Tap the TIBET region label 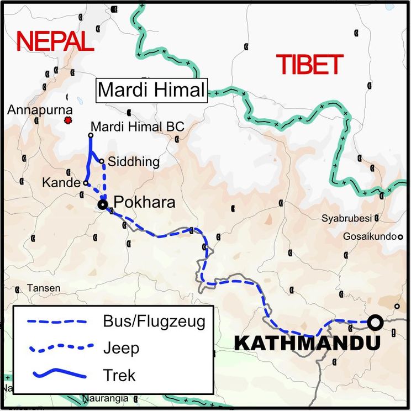tap(310, 65)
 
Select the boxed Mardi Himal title tap(151, 89)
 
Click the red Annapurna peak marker tap(68, 120)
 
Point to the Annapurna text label tap(40, 110)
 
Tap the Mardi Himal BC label tap(137, 127)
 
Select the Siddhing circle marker tap(102, 161)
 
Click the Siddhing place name tap(134, 162)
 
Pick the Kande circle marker tap(86, 183)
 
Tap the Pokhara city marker tap(102, 204)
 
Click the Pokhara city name tap(144, 202)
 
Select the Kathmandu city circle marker tap(376, 322)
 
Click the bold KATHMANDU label tap(307, 343)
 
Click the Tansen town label tap(40, 289)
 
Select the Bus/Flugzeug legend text tap(154, 322)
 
